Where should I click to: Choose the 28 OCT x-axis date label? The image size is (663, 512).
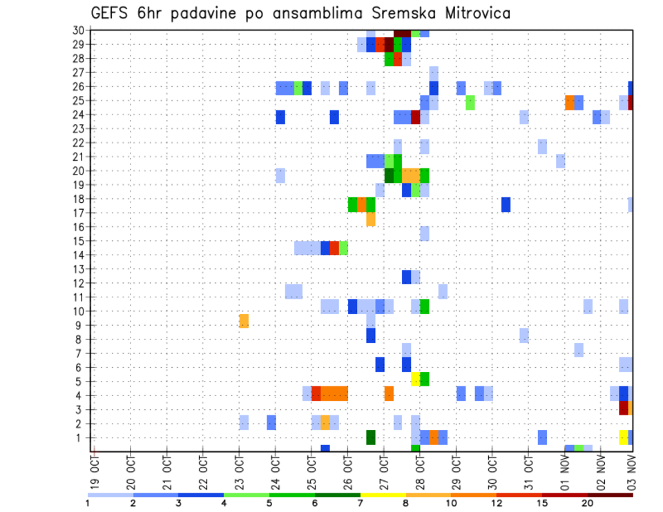pos(419,467)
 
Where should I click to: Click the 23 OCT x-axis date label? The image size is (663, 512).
pos(239,467)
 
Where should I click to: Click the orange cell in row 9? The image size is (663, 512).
pos(244,321)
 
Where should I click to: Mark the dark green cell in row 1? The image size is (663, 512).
pos(371,437)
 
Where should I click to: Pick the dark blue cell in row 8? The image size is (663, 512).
pos(371,335)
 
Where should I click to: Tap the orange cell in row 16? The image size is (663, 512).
pos(371,219)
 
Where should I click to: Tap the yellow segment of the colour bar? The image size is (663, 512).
pos(383,495)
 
